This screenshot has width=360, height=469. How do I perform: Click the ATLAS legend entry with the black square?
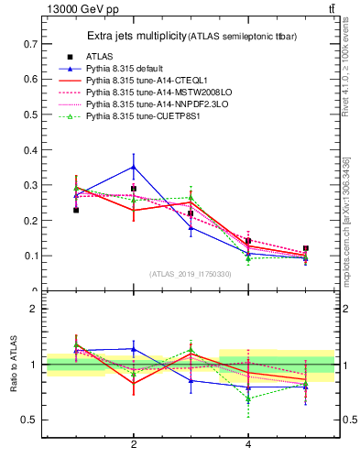coord(101,56)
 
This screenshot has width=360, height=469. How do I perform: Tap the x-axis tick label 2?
coord(134,444)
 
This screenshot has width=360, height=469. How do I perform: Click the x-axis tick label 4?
coord(248,444)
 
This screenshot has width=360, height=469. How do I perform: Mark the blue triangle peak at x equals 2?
coord(134,167)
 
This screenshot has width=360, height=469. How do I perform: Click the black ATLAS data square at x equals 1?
coord(76,210)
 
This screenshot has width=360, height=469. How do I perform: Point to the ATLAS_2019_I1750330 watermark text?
coord(191,274)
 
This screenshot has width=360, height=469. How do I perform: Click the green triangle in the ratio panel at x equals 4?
coord(248,398)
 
